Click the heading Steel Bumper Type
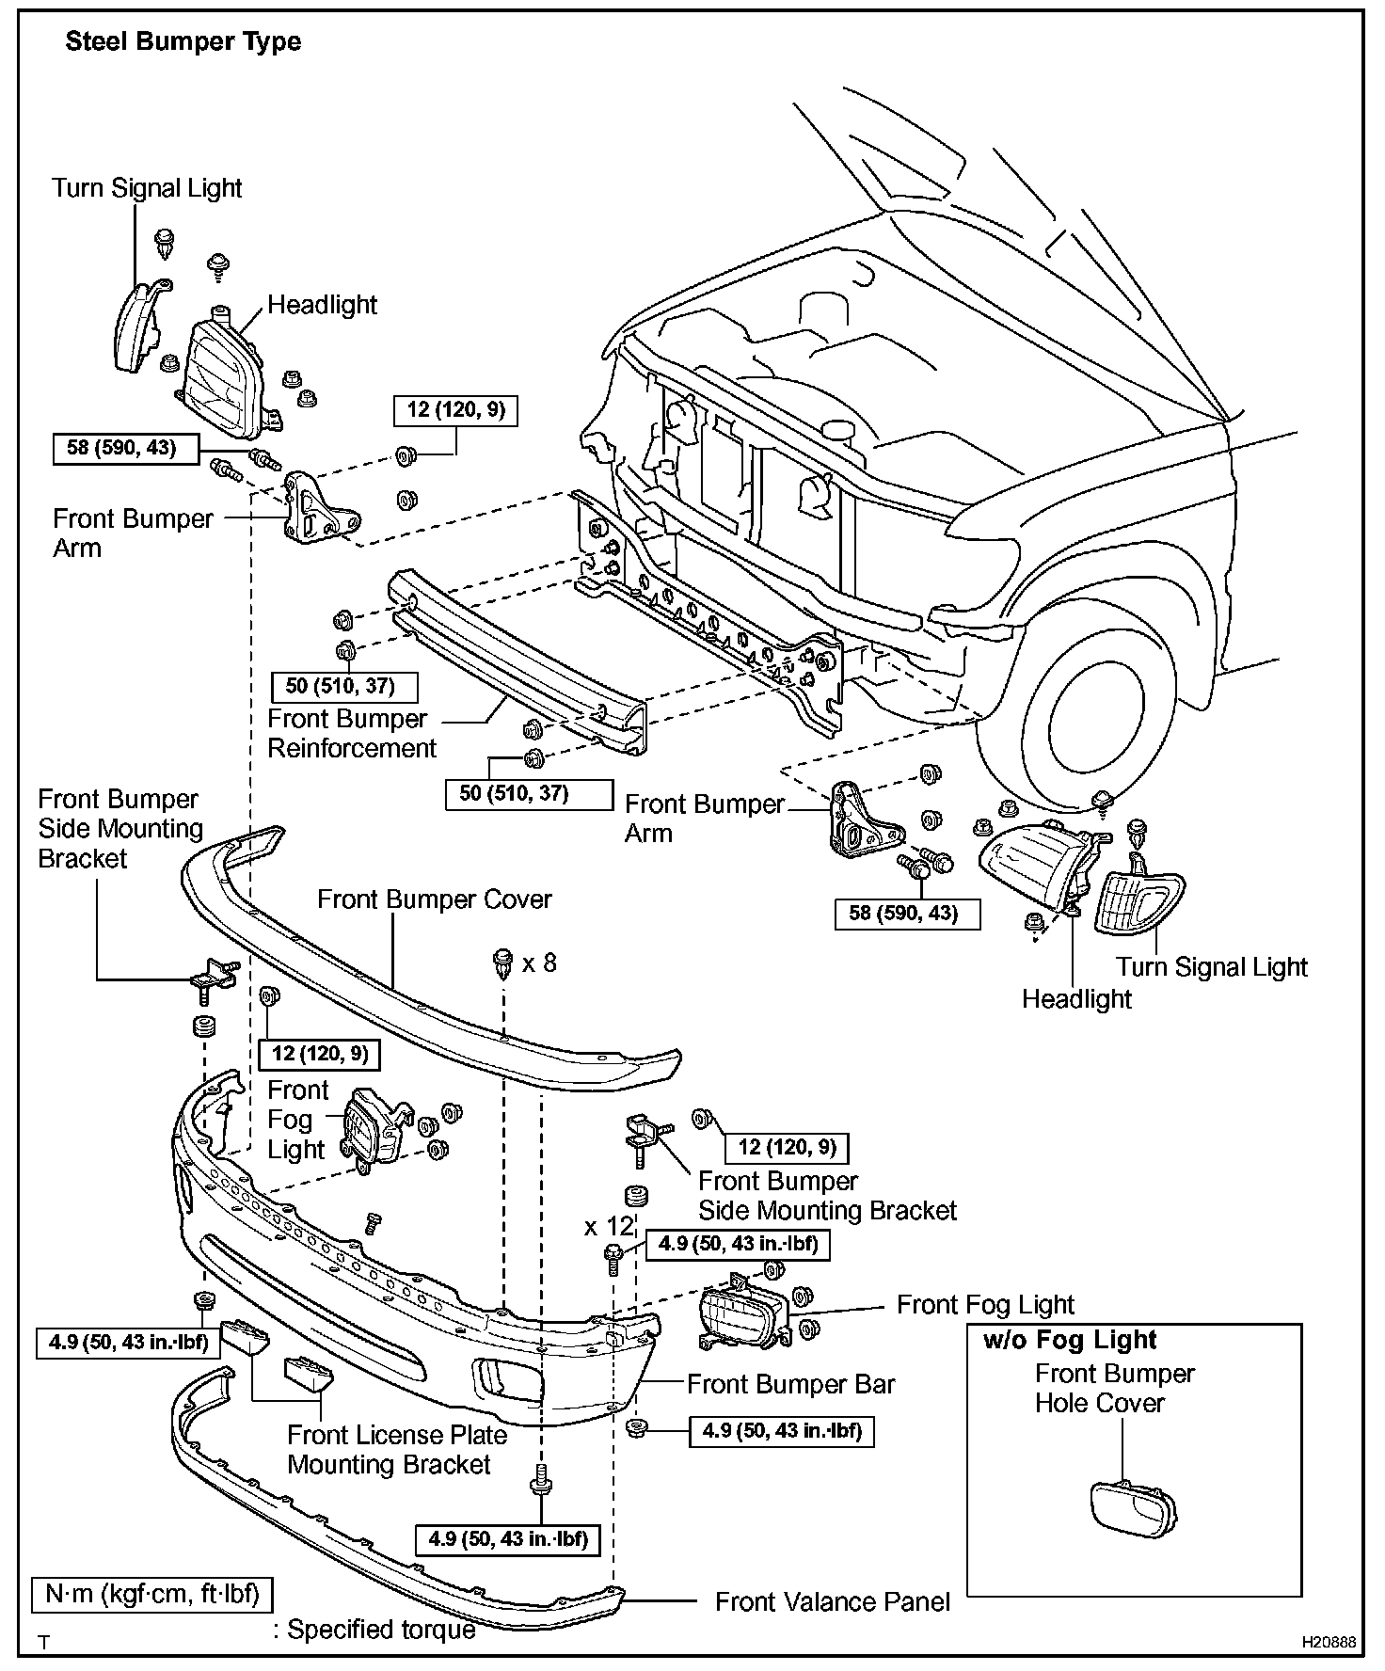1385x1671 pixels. click(x=183, y=42)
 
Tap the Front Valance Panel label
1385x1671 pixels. click(x=832, y=1601)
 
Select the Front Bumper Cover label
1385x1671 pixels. click(x=434, y=899)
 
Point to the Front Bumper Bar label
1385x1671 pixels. click(x=790, y=1384)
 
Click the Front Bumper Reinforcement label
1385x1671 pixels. click(x=352, y=734)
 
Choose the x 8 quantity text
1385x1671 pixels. click(x=539, y=963)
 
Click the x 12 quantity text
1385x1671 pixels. click(x=609, y=1227)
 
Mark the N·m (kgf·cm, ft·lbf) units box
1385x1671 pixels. click(x=151, y=1595)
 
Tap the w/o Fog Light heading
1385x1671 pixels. click(x=1069, y=1340)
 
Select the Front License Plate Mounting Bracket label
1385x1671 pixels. click(x=396, y=1450)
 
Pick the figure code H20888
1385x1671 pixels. click(x=1329, y=1642)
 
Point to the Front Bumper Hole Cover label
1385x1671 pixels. click(x=1114, y=1388)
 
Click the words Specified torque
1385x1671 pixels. click(x=381, y=1629)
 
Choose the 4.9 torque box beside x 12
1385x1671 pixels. click(x=738, y=1244)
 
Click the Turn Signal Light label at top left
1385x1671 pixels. click(x=147, y=188)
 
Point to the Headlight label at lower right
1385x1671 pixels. click(x=1076, y=998)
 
